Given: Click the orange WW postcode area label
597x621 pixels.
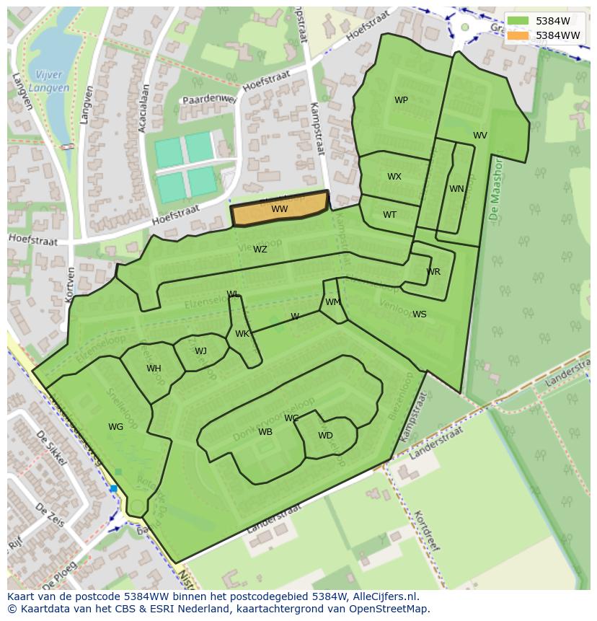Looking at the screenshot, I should pos(280,209).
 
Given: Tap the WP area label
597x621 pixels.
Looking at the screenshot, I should pos(402,100).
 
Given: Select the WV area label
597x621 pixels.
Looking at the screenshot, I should pos(480,136).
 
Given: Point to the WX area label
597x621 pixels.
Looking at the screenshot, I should pos(394,177).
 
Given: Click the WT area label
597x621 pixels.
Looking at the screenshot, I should pos(390,215).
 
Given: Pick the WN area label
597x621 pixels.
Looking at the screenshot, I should pos(456,189).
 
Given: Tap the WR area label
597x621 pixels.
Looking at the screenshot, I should pos(433,272).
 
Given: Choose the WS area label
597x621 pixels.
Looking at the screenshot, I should pos(420,314).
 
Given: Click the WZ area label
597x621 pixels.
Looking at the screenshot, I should pos(260,250).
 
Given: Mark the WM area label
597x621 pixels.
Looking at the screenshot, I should pos(332,302).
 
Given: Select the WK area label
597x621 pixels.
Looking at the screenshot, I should pos(242,334).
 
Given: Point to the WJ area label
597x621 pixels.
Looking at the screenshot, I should pos(200,351).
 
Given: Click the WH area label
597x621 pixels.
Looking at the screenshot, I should pos(154,369).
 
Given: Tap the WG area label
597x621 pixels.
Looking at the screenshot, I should pos(116,427).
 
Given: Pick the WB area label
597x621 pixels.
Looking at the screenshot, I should pos(265,432).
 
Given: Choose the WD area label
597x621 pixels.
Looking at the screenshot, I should pos(326,436).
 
